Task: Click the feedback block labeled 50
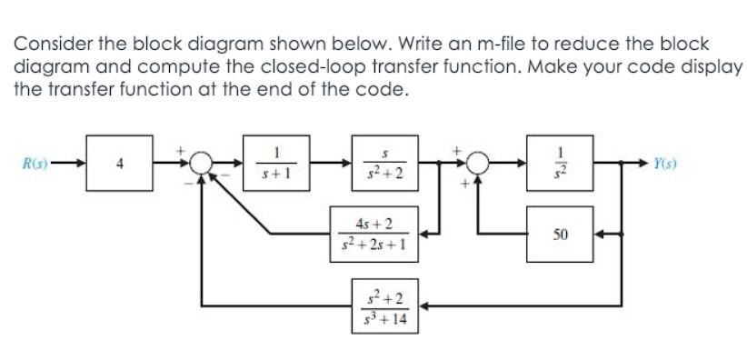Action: coord(560,234)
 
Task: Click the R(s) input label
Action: coord(37,165)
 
